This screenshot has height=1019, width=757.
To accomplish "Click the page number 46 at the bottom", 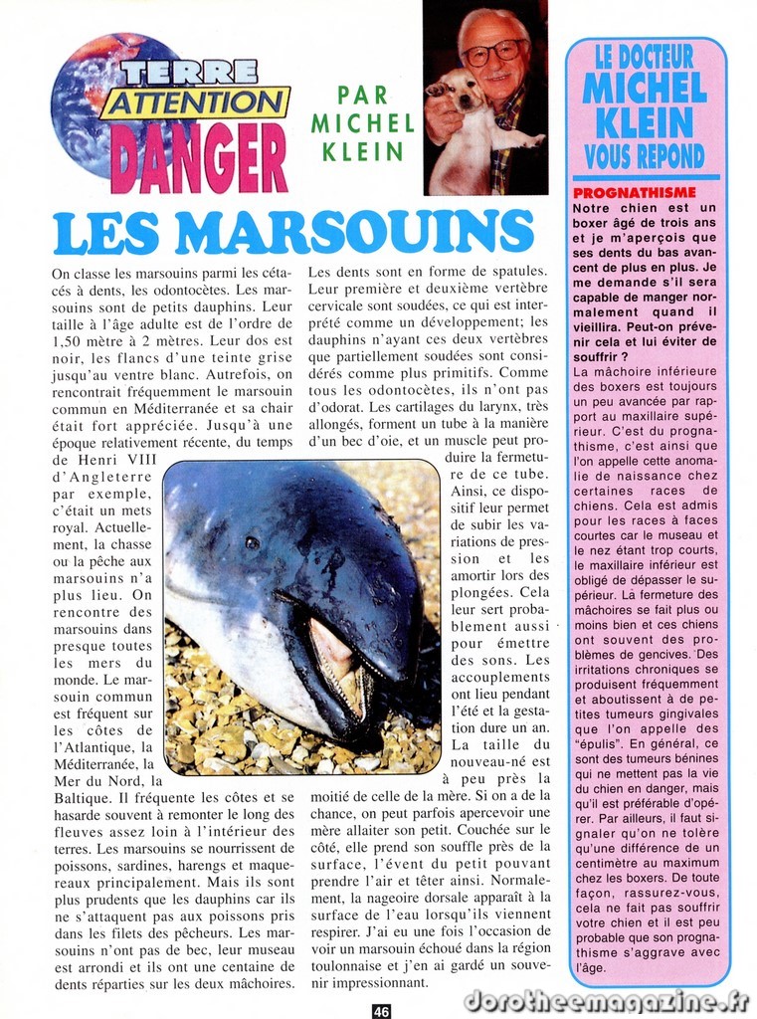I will tap(381, 1010).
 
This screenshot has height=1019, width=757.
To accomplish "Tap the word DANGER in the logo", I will tap(199, 157).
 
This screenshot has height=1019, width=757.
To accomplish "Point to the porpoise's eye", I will tap(253, 543).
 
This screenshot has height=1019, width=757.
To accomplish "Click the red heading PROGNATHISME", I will tap(634, 192).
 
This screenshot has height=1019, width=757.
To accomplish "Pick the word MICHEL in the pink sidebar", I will tap(645, 88).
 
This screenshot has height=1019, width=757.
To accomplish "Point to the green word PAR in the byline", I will tap(362, 96).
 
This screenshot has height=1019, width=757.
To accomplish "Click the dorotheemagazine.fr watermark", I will tap(606, 999).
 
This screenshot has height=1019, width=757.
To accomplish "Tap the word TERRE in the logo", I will tap(190, 72).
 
